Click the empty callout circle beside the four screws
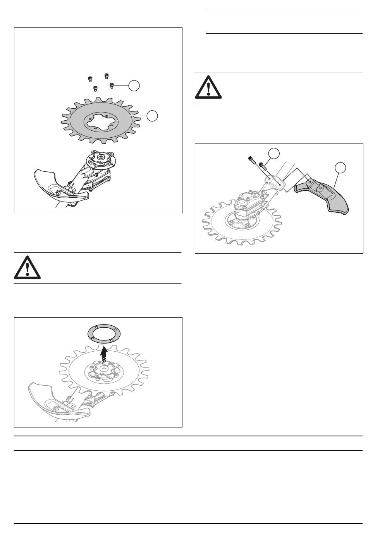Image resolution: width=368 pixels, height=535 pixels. pyautogui.click(x=134, y=85)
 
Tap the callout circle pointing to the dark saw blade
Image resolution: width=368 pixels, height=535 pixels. pyautogui.click(x=152, y=115)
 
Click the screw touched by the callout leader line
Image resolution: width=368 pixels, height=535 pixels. pyautogui.click(x=112, y=85)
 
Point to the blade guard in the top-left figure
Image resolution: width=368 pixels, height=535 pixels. pyautogui.click(x=58, y=184)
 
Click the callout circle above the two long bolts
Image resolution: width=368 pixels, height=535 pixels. pyautogui.click(x=274, y=153)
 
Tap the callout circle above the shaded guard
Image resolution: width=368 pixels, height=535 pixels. pyautogui.click(x=340, y=167)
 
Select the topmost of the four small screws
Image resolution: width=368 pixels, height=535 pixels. pyautogui.click(x=107, y=75)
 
